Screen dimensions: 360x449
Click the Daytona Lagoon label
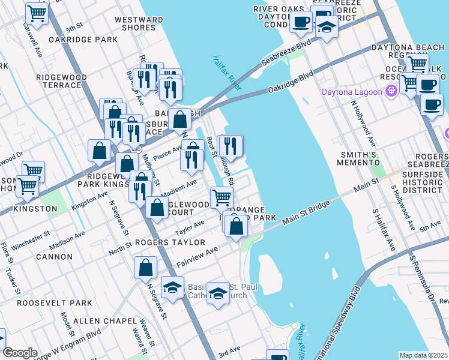coord(352,92)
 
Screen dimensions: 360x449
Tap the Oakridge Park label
coord(91,40)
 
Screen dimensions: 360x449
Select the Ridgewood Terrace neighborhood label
coord(61,81)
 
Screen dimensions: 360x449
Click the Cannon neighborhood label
coord(54,257)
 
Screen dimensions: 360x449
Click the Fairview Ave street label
coord(198,257)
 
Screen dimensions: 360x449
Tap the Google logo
coord(20,353)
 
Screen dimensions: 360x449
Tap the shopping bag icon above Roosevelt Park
coord(146,268)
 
